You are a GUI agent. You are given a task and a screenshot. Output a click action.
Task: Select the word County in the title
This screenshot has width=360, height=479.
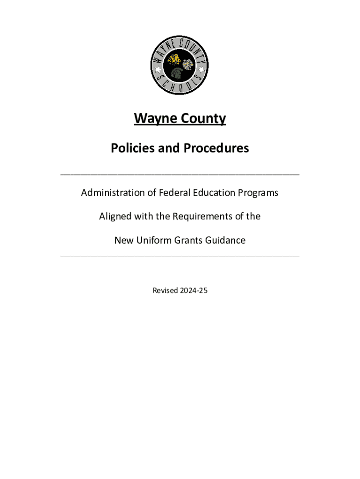(202, 119)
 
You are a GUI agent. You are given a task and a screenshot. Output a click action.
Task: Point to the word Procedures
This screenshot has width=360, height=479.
(216, 148)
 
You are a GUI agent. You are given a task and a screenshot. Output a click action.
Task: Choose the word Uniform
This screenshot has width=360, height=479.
(155, 240)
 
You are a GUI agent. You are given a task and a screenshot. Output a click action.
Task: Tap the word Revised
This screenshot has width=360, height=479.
(165, 290)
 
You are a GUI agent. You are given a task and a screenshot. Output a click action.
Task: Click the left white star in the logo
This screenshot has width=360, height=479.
(158, 70)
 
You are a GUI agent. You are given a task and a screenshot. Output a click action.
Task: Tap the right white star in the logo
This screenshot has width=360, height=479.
(202, 70)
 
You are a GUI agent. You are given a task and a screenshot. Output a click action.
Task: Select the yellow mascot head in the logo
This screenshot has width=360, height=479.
(174, 59)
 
